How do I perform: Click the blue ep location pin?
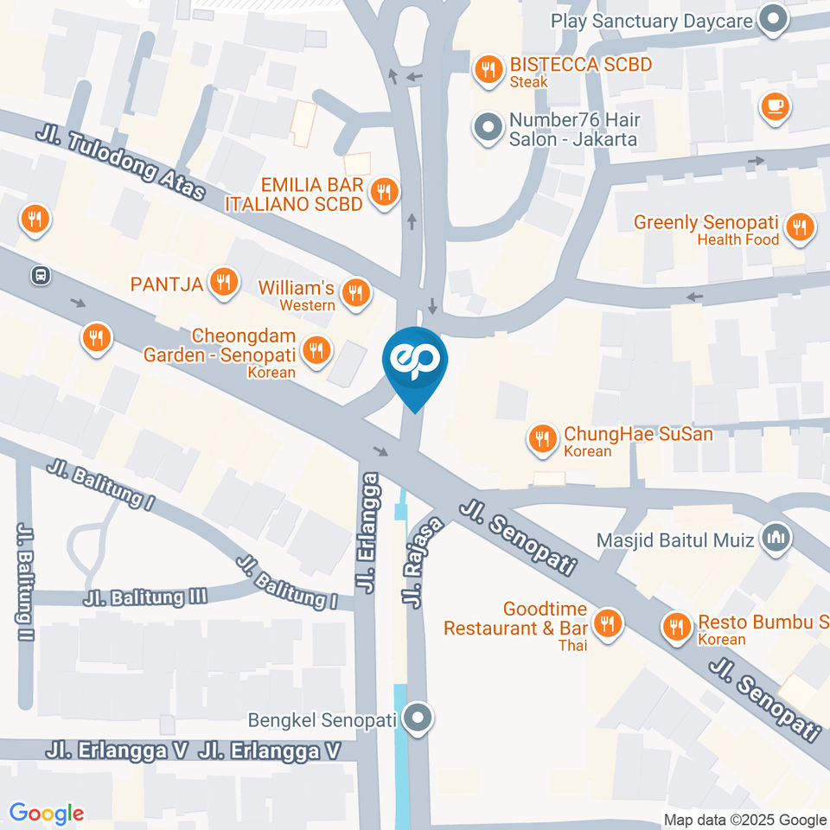click(x=415, y=362)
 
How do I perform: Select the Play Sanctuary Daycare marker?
click(x=772, y=20)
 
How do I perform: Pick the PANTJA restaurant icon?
click(x=224, y=282)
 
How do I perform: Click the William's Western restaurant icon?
click(x=354, y=294)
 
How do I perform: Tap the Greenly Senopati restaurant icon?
click(x=800, y=228)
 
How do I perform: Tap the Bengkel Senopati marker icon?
click(x=418, y=718)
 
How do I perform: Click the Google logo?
click(x=47, y=813)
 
